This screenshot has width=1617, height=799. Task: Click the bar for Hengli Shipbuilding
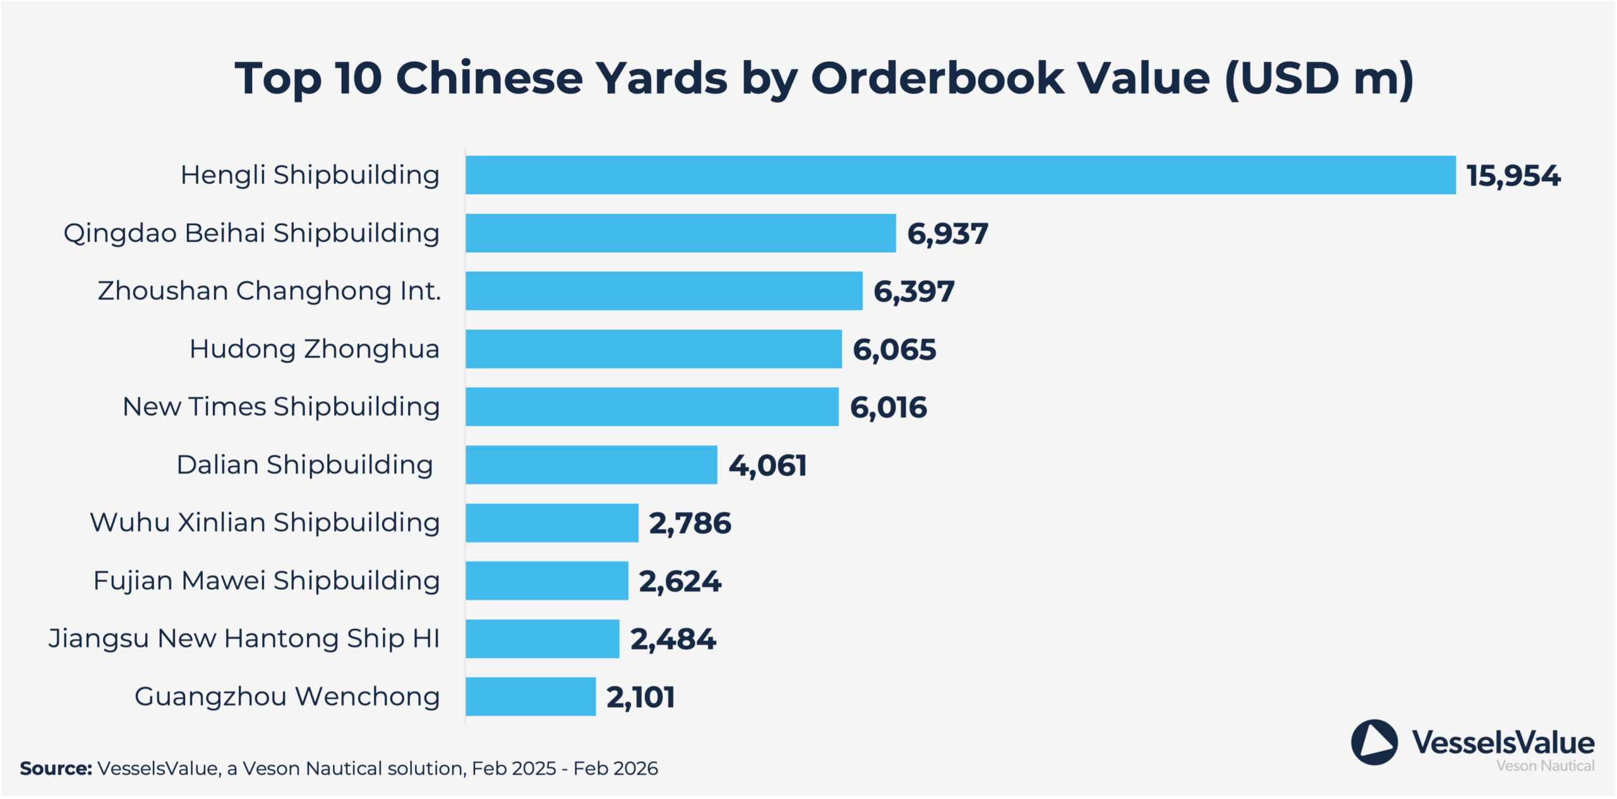(x=960, y=175)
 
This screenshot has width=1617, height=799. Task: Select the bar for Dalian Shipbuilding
(x=591, y=465)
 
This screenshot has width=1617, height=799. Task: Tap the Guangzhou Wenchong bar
(x=531, y=697)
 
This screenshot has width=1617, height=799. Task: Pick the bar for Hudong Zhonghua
(x=654, y=349)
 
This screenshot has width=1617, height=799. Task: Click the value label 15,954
(x=1513, y=176)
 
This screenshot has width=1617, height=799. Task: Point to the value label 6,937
(x=947, y=234)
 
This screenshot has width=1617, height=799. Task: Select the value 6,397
(x=914, y=291)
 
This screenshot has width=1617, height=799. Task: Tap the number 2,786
(x=690, y=523)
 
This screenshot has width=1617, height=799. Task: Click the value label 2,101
(x=640, y=697)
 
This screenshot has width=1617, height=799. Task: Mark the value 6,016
(x=888, y=407)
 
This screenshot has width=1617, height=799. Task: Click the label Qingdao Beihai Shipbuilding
(x=251, y=233)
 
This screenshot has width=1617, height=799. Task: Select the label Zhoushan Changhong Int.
(x=269, y=291)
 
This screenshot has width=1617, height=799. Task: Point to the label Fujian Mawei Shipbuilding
(x=266, y=580)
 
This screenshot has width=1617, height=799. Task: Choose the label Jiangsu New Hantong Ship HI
(x=244, y=638)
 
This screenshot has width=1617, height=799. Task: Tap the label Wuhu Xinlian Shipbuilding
(x=265, y=523)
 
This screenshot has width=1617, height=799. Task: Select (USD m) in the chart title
(x=1319, y=78)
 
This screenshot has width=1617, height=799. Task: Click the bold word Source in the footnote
(x=56, y=769)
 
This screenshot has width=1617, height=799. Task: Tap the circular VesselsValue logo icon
(x=1374, y=742)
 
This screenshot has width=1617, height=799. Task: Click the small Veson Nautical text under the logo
(x=1545, y=766)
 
